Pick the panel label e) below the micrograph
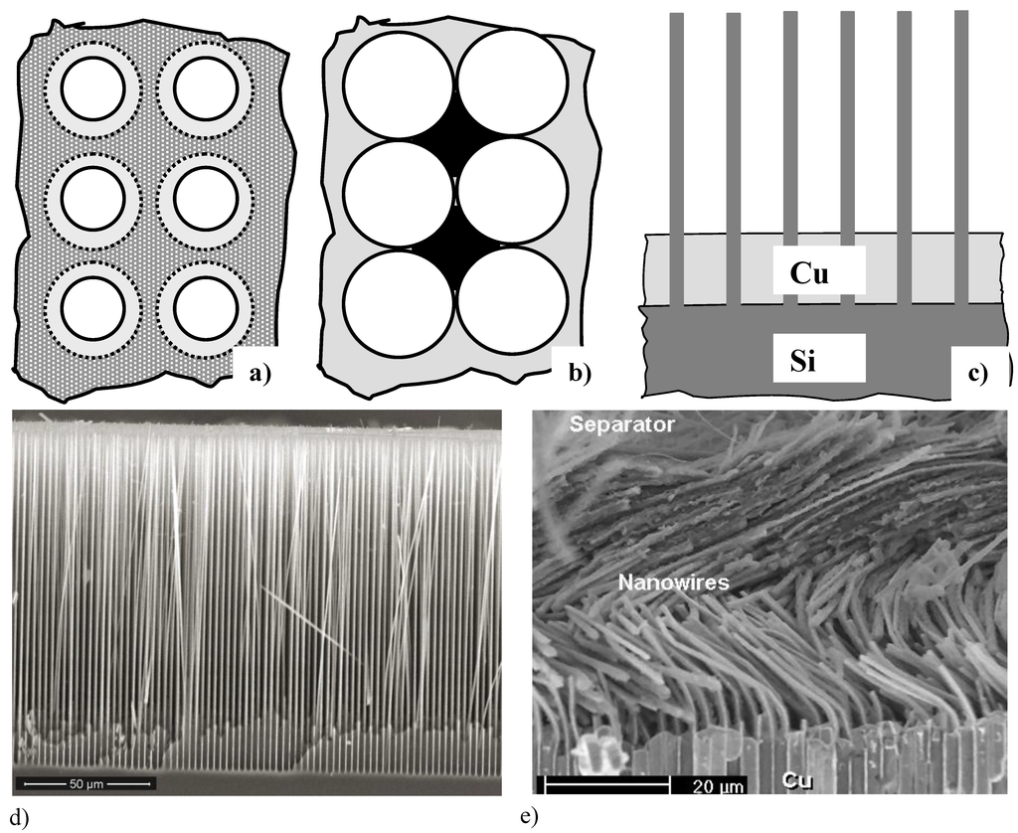click(529, 818)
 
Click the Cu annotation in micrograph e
click(793, 782)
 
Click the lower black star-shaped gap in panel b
click(455, 249)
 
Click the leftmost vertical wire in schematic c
click(676, 159)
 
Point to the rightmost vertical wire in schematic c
click(961, 159)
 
